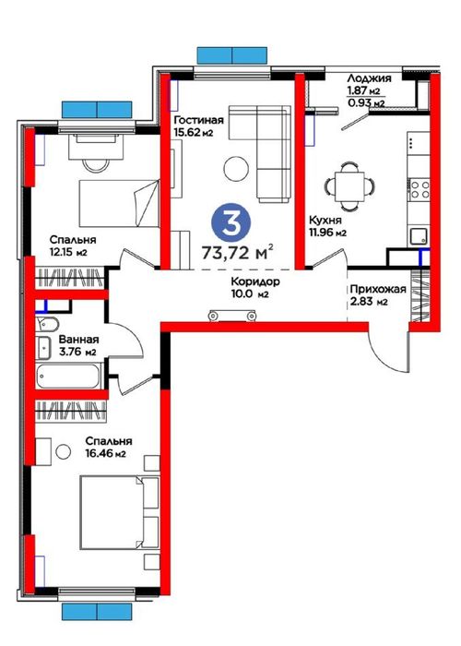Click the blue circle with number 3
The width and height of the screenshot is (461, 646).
230,222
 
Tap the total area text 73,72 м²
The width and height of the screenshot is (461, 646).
238,252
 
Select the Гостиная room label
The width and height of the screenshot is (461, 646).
199,120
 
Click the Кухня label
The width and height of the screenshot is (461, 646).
325,220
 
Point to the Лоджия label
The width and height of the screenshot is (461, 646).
369,78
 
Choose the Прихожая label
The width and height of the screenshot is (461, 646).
378,289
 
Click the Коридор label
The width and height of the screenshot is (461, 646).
255,281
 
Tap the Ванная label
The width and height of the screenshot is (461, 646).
78,340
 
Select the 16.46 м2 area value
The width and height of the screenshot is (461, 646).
105,454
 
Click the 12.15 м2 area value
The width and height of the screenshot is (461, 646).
69,252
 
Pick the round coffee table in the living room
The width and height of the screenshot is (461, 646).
236,169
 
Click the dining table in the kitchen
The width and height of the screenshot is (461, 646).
349,186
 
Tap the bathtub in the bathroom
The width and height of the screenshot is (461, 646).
68,376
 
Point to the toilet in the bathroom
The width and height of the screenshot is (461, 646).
46,325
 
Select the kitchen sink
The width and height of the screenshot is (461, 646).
419,236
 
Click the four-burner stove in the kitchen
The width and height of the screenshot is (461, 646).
419,190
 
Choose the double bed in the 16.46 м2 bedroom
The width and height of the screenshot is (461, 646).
119,512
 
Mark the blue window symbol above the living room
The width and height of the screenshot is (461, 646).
232,55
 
